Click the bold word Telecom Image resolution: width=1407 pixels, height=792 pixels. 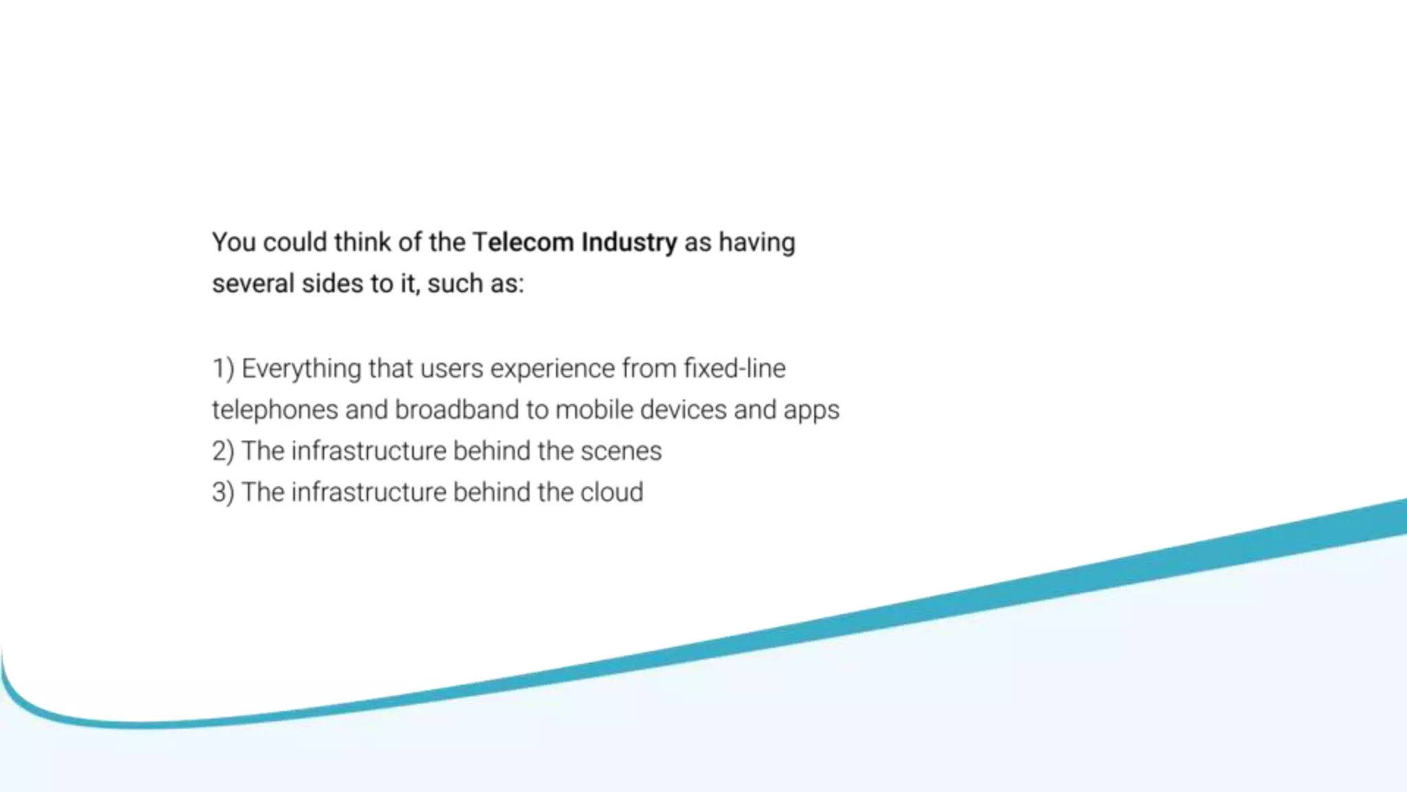pos(523,243)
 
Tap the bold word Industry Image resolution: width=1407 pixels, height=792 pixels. pos(629,243)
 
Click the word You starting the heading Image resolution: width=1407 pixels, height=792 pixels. pos(234,243)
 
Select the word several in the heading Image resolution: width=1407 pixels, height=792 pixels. pos(253,284)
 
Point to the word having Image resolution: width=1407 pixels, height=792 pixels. pos(756,243)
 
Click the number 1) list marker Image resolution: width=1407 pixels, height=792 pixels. pos(223,369)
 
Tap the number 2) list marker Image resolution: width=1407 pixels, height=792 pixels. pos(223,452)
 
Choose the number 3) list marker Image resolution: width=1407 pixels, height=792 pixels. pos(223,493)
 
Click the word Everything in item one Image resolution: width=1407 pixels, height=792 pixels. pos(301,369)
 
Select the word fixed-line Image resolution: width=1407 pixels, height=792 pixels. pos(734,369)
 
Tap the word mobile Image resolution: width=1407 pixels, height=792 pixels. pos(594,410)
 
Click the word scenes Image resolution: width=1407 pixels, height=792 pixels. pos(620,452)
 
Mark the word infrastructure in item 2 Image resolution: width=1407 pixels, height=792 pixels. pos(369,452)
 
